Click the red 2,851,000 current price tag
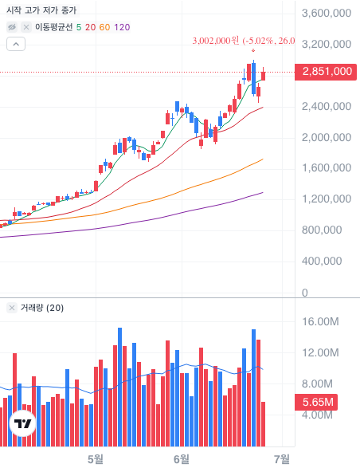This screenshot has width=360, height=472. (326, 72)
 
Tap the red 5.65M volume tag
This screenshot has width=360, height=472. (316, 402)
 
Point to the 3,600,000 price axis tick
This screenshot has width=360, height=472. (327, 14)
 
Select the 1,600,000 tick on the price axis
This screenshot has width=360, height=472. (327, 167)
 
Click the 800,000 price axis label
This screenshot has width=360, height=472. (322, 230)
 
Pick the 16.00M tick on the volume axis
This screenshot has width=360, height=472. (320, 321)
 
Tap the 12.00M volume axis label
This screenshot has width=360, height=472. (320, 352)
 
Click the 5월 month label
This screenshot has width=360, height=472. (96, 459)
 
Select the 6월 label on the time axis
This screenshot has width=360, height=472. (182, 459)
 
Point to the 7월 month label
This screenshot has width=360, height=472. (282, 459)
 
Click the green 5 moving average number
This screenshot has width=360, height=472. (79, 27)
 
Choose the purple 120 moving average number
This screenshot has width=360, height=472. (122, 27)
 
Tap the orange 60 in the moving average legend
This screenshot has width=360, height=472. (104, 27)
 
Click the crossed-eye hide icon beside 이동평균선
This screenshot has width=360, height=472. (12, 27)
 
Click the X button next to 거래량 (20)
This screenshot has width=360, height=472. (12, 308)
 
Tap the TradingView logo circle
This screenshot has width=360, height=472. (22, 423)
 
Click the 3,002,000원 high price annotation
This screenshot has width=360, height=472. (216, 41)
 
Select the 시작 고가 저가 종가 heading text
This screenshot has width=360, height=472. (41, 10)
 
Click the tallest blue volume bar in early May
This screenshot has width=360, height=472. (119, 387)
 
